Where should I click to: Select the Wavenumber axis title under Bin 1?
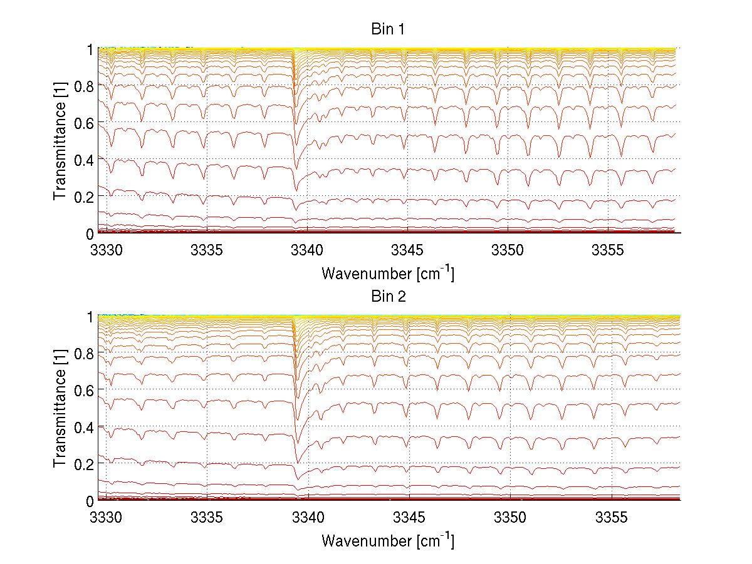387,273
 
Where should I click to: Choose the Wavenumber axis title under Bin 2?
387,540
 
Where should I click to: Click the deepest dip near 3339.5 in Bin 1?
296,190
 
